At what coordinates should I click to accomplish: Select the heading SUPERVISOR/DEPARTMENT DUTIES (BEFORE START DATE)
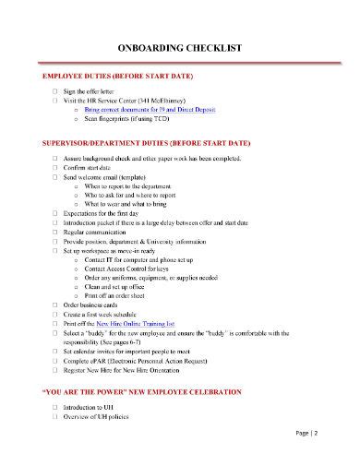pyautogui.click(x=147, y=144)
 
